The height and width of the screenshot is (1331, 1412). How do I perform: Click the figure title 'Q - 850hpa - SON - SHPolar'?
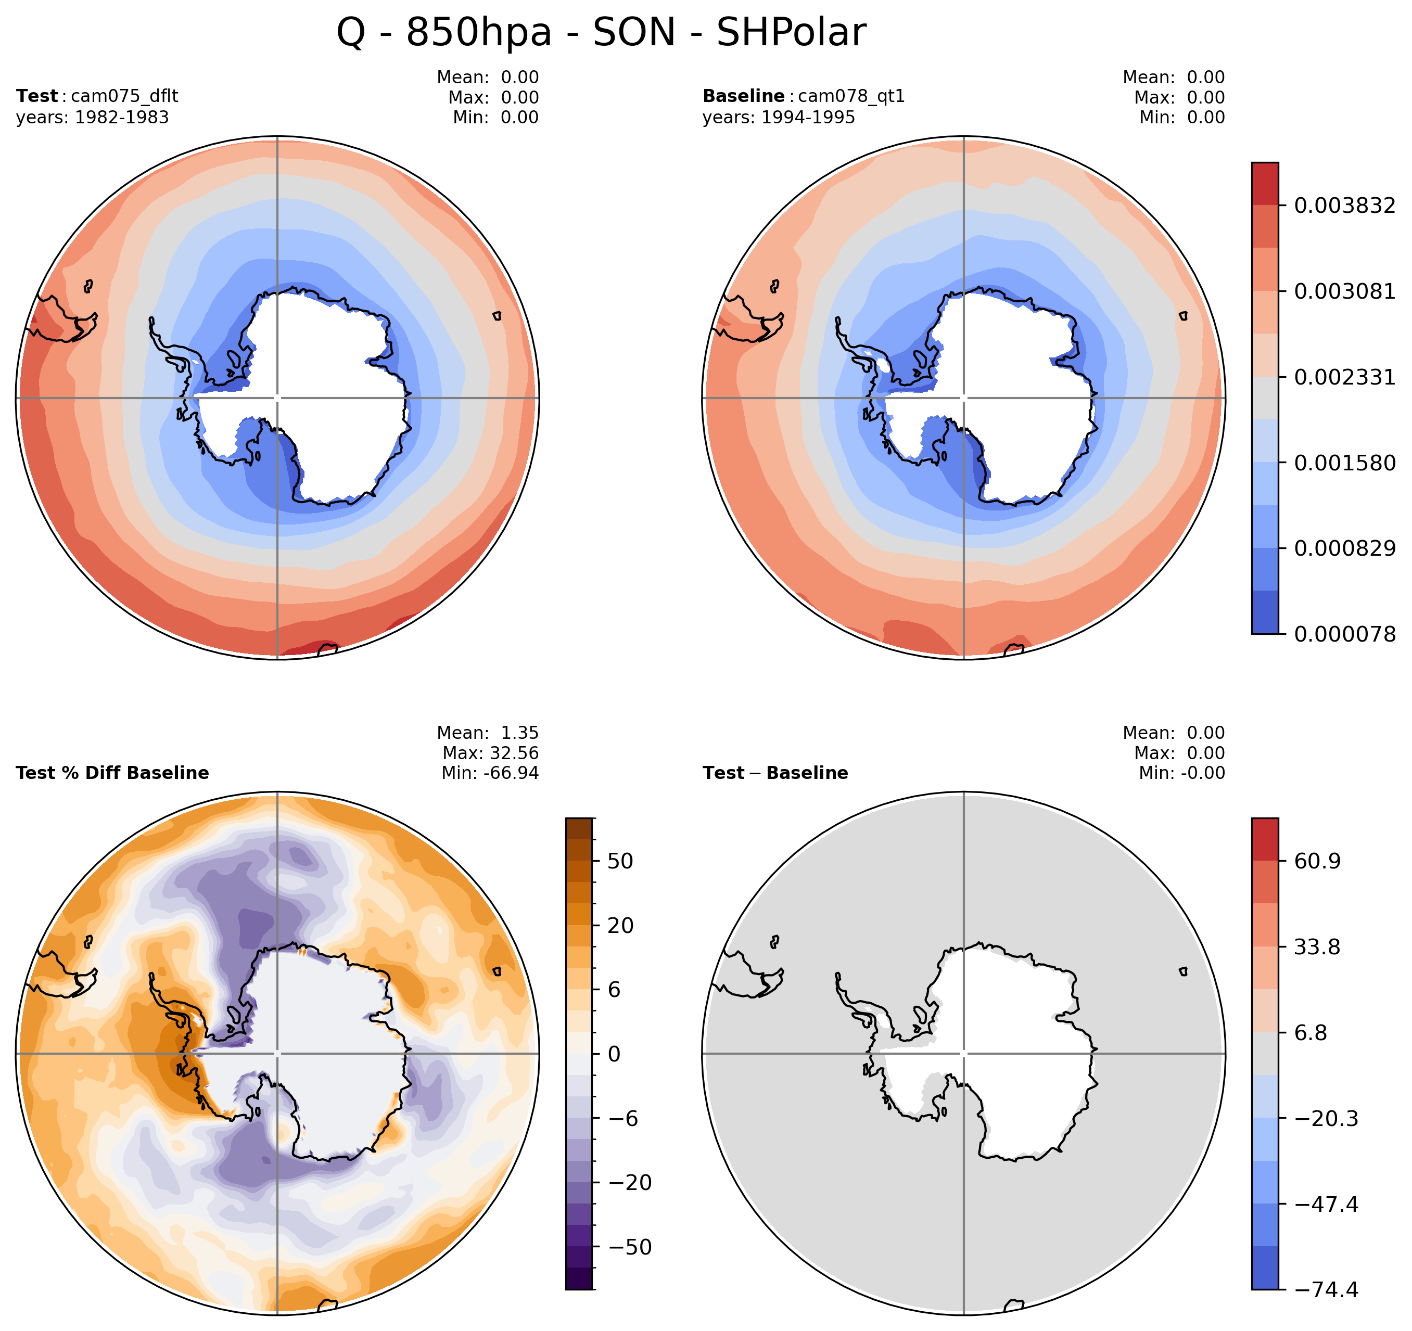601,33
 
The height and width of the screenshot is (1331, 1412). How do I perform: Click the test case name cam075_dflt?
124,96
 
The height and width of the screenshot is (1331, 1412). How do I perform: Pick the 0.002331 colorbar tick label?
1344,377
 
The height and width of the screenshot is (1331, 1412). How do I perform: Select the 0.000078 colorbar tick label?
1344,634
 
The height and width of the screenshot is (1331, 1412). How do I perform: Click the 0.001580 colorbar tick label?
1344,463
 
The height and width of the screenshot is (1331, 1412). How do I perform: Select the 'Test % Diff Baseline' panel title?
112,773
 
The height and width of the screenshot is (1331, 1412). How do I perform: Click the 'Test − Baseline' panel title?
775,773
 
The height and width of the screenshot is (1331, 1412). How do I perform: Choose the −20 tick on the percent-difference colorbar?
630,1183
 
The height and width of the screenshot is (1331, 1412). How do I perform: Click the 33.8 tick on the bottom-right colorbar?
1317,947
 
